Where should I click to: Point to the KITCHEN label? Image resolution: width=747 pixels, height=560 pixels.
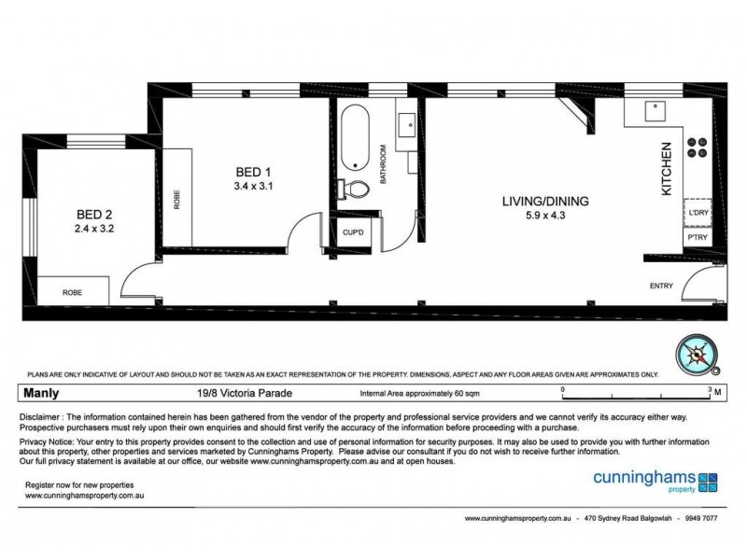pos(667,168)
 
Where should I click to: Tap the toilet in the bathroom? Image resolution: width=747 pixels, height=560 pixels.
pos(354,189)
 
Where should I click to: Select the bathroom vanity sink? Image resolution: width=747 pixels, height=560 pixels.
pos(407,125)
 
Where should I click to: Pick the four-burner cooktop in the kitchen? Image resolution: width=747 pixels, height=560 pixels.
pos(698,147)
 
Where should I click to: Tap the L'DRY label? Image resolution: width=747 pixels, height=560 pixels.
pos(698,213)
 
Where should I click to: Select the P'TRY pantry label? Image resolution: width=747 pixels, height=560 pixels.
pos(698,238)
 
